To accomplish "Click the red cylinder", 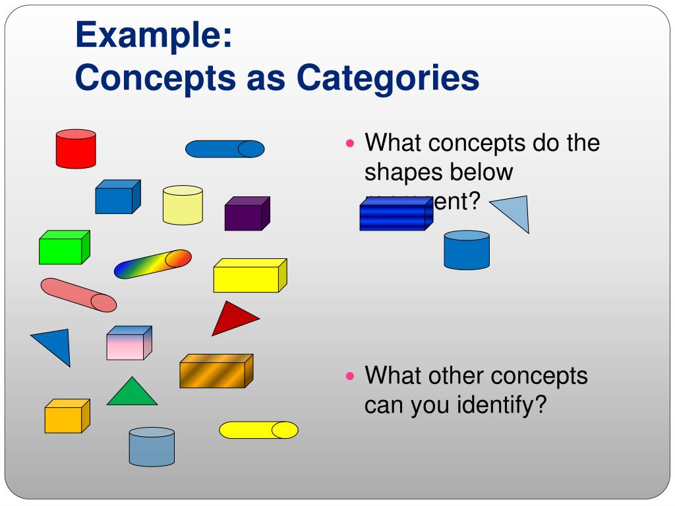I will (x=76, y=149).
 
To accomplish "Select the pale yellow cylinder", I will (x=183, y=205).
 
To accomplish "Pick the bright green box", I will (x=63, y=248).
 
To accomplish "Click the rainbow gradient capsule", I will (x=152, y=264).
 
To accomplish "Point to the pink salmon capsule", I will (x=78, y=295).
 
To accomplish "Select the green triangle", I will (x=132, y=394).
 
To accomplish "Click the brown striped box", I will (x=216, y=372).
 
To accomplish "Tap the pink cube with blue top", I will (x=129, y=343).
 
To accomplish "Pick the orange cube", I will (x=66, y=416).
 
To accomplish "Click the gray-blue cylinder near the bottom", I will (x=152, y=447).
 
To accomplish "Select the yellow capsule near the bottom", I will (x=258, y=430).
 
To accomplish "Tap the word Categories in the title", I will (x=388, y=78).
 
